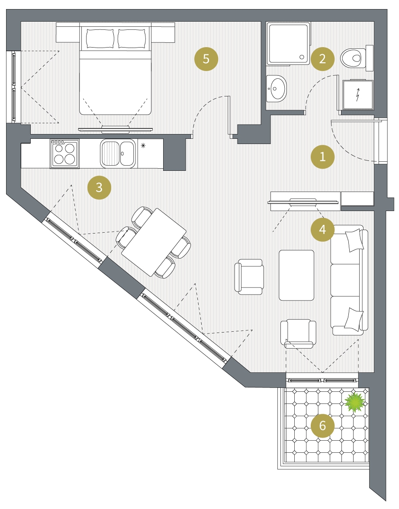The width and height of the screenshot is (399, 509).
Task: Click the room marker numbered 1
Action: (x=322, y=157)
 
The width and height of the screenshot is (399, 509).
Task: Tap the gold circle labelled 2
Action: (x=322, y=59)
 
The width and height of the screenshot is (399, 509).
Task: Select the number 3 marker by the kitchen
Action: (x=99, y=187)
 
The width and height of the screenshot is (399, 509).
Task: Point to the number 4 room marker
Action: (x=322, y=230)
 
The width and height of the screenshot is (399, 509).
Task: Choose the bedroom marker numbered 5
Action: (x=206, y=59)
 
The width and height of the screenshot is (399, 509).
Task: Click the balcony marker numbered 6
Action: (x=322, y=426)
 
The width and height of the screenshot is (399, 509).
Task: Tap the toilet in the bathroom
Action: (x=357, y=58)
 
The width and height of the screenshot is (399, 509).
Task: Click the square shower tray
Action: (x=288, y=43)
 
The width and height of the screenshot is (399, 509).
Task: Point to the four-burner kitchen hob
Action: (x=64, y=154)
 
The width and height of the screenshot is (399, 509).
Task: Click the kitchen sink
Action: (x=118, y=154)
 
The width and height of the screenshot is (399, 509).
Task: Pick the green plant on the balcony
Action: (x=355, y=403)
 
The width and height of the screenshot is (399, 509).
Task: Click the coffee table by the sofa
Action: (x=296, y=275)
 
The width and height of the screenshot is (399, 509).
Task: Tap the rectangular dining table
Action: (x=154, y=242)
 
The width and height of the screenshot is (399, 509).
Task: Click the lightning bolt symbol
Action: (x=358, y=94)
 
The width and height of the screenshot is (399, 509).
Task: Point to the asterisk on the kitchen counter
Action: (x=143, y=145)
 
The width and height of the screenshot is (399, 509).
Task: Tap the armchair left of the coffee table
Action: (x=249, y=277)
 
